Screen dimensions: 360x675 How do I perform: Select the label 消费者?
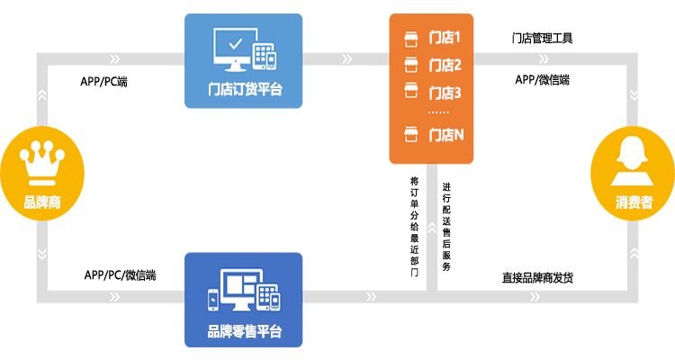click(634, 201)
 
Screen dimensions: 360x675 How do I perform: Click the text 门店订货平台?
click(244, 89)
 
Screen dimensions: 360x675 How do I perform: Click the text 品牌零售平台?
click(244, 331)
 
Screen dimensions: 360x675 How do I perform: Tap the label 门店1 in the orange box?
click(445, 38)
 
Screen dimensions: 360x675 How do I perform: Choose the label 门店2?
click(445, 65)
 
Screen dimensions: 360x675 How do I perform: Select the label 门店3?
click(445, 92)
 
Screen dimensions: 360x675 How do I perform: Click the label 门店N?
click(445, 135)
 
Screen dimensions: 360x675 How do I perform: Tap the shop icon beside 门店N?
click(411, 135)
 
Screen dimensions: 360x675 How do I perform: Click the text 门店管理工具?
click(542, 38)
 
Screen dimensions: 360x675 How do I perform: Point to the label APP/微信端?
click(542, 79)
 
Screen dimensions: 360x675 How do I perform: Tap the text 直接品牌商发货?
click(537, 276)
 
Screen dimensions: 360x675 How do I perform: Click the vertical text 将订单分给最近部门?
click(414, 225)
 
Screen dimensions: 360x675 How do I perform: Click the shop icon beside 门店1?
click(411, 38)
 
